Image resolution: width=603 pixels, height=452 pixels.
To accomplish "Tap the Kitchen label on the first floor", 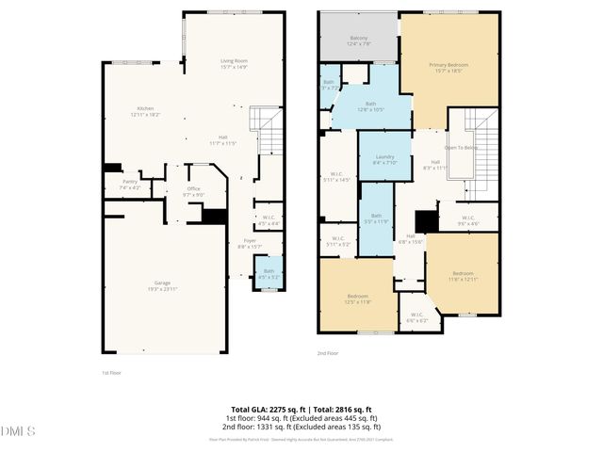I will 144,109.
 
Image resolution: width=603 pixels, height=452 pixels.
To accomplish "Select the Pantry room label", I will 130,184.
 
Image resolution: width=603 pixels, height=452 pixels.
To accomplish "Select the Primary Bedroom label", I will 448,66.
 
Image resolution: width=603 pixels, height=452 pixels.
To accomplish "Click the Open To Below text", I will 461,148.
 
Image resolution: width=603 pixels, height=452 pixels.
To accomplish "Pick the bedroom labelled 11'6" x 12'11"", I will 462,274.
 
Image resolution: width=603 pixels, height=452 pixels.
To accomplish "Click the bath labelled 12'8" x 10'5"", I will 370,105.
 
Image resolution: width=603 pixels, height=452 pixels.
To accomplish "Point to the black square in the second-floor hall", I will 427,220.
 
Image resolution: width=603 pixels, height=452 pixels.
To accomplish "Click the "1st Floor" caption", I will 110,372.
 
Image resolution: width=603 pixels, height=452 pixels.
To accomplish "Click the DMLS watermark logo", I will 18,431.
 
